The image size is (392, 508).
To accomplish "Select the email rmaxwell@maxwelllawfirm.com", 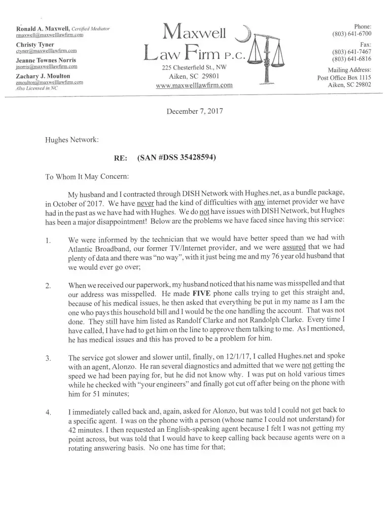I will (x=49, y=35).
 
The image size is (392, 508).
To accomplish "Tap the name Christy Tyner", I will (x=35, y=44).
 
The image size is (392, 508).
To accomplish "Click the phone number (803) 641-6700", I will (x=352, y=34).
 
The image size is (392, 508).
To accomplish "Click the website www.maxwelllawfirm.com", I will (x=194, y=85).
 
